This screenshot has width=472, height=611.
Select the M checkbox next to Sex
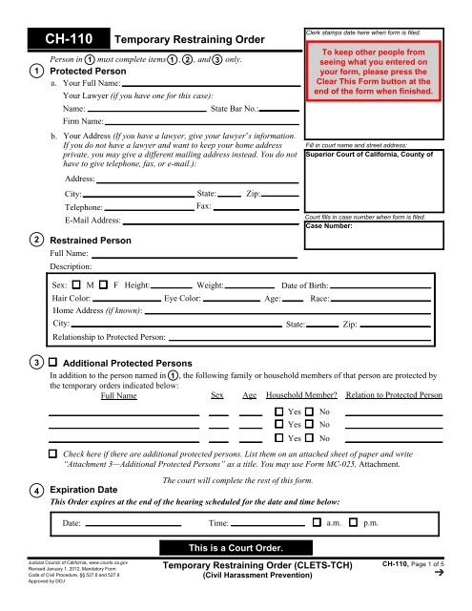point(75,284)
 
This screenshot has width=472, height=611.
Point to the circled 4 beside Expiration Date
point(34,492)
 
